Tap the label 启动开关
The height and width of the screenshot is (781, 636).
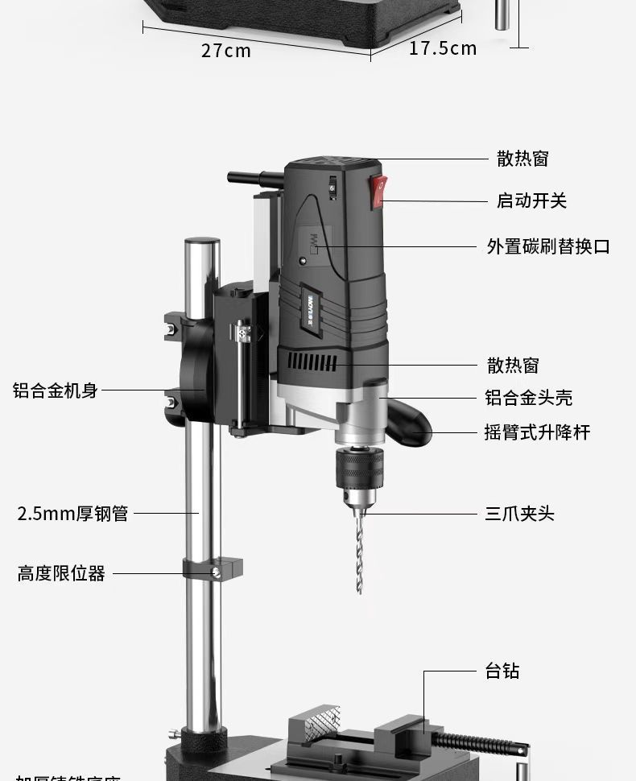[531, 200]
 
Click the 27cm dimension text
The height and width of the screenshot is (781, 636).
[225, 51]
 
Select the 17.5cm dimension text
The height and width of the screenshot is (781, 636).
[443, 48]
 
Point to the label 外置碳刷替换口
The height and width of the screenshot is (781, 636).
[548, 246]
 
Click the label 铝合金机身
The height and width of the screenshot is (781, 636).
[55, 390]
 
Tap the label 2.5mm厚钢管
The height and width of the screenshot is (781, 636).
[72, 514]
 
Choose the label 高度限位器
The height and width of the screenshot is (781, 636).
[61, 574]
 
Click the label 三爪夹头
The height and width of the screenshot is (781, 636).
[519, 514]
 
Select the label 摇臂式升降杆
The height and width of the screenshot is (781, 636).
[537, 432]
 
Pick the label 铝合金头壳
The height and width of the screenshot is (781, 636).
[529, 398]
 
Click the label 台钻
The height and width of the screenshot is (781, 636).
[502, 671]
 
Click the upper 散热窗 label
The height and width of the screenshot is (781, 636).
[522, 159]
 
